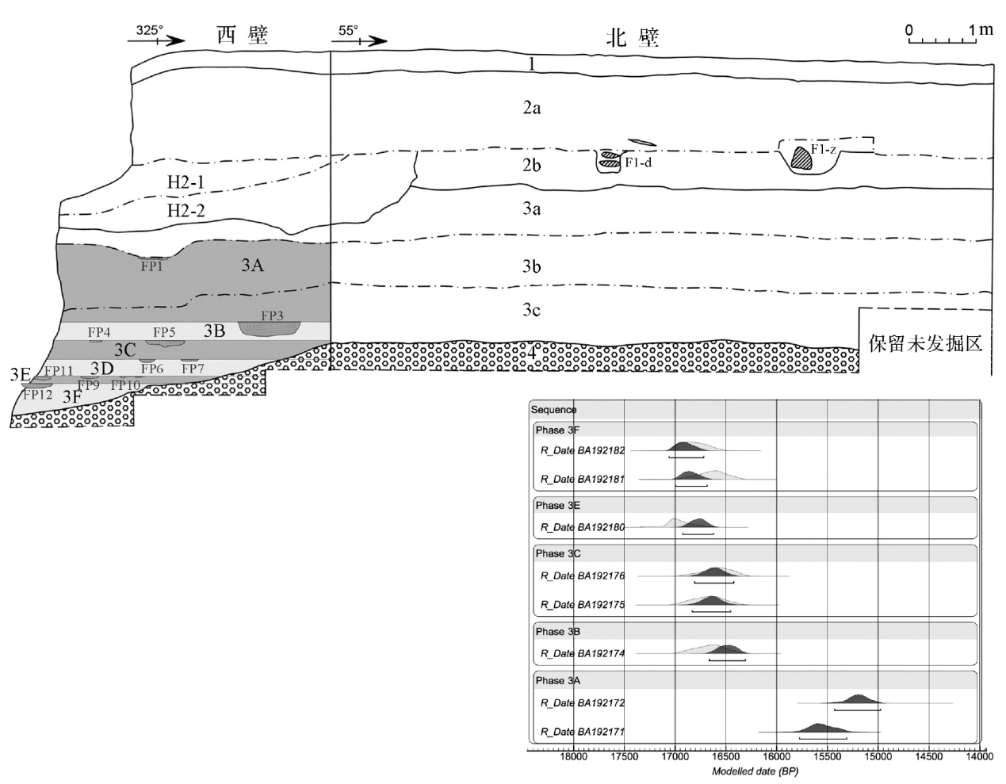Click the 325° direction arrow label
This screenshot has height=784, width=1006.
[x=150, y=31]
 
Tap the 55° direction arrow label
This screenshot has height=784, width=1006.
[x=349, y=31]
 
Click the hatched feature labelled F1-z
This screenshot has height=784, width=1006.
[x=804, y=155]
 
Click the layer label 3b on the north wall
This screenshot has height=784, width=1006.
[x=531, y=266]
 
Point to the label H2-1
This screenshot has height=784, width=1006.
[x=186, y=182]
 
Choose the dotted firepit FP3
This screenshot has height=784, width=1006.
[x=272, y=327]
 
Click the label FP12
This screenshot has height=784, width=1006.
[x=37, y=394]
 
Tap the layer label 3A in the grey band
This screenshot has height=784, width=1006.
[x=252, y=266]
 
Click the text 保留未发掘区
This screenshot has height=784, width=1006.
[x=925, y=344]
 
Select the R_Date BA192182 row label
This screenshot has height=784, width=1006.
[x=583, y=451]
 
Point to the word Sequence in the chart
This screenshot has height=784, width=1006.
[x=554, y=410]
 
